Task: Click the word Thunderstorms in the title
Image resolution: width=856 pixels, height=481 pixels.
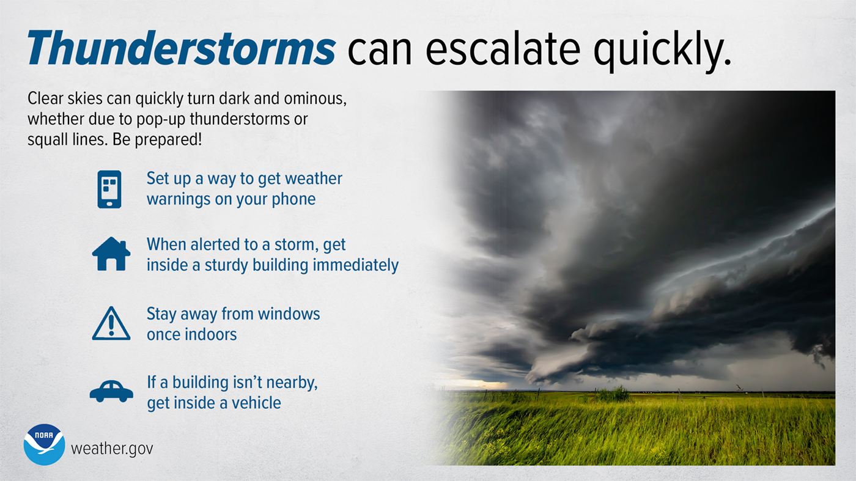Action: pyautogui.click(x=181, y=49)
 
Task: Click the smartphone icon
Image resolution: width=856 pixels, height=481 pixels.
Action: pyautogui.click(x=109, y=189)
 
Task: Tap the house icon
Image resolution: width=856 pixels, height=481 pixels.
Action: pyautogui.click(x=111, y=254)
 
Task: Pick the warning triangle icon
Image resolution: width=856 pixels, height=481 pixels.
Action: pyautogui.click(x=111, y=324)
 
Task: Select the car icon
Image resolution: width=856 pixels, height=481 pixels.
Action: pyautogui.click(x=111, y=391)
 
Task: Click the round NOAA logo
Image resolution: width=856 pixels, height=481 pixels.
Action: pyautogui.click(x=44, y=444)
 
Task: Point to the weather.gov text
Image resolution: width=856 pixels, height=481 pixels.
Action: pyautogui.click(x=112, y=449)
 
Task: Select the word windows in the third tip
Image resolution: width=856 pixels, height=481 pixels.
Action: pyautogui.click(x=288, y=314)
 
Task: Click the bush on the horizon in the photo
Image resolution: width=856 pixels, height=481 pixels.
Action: pyautogui.click(x=613, y=394)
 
